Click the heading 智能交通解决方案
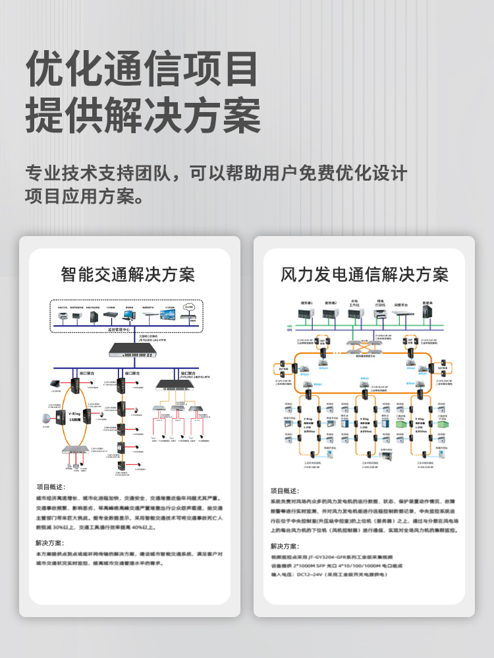pyautogui.click(x=128, y=274)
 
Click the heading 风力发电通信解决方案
pyautogui.click(x=364, y=274)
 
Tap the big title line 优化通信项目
pyautogui.click(x=142, y=69)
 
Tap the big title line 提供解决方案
pyautogui.click(x=142, y=116)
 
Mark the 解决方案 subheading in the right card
pyautogui.click(x=284, y=546)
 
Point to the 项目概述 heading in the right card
pyautogui.click(x=284, y=491)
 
